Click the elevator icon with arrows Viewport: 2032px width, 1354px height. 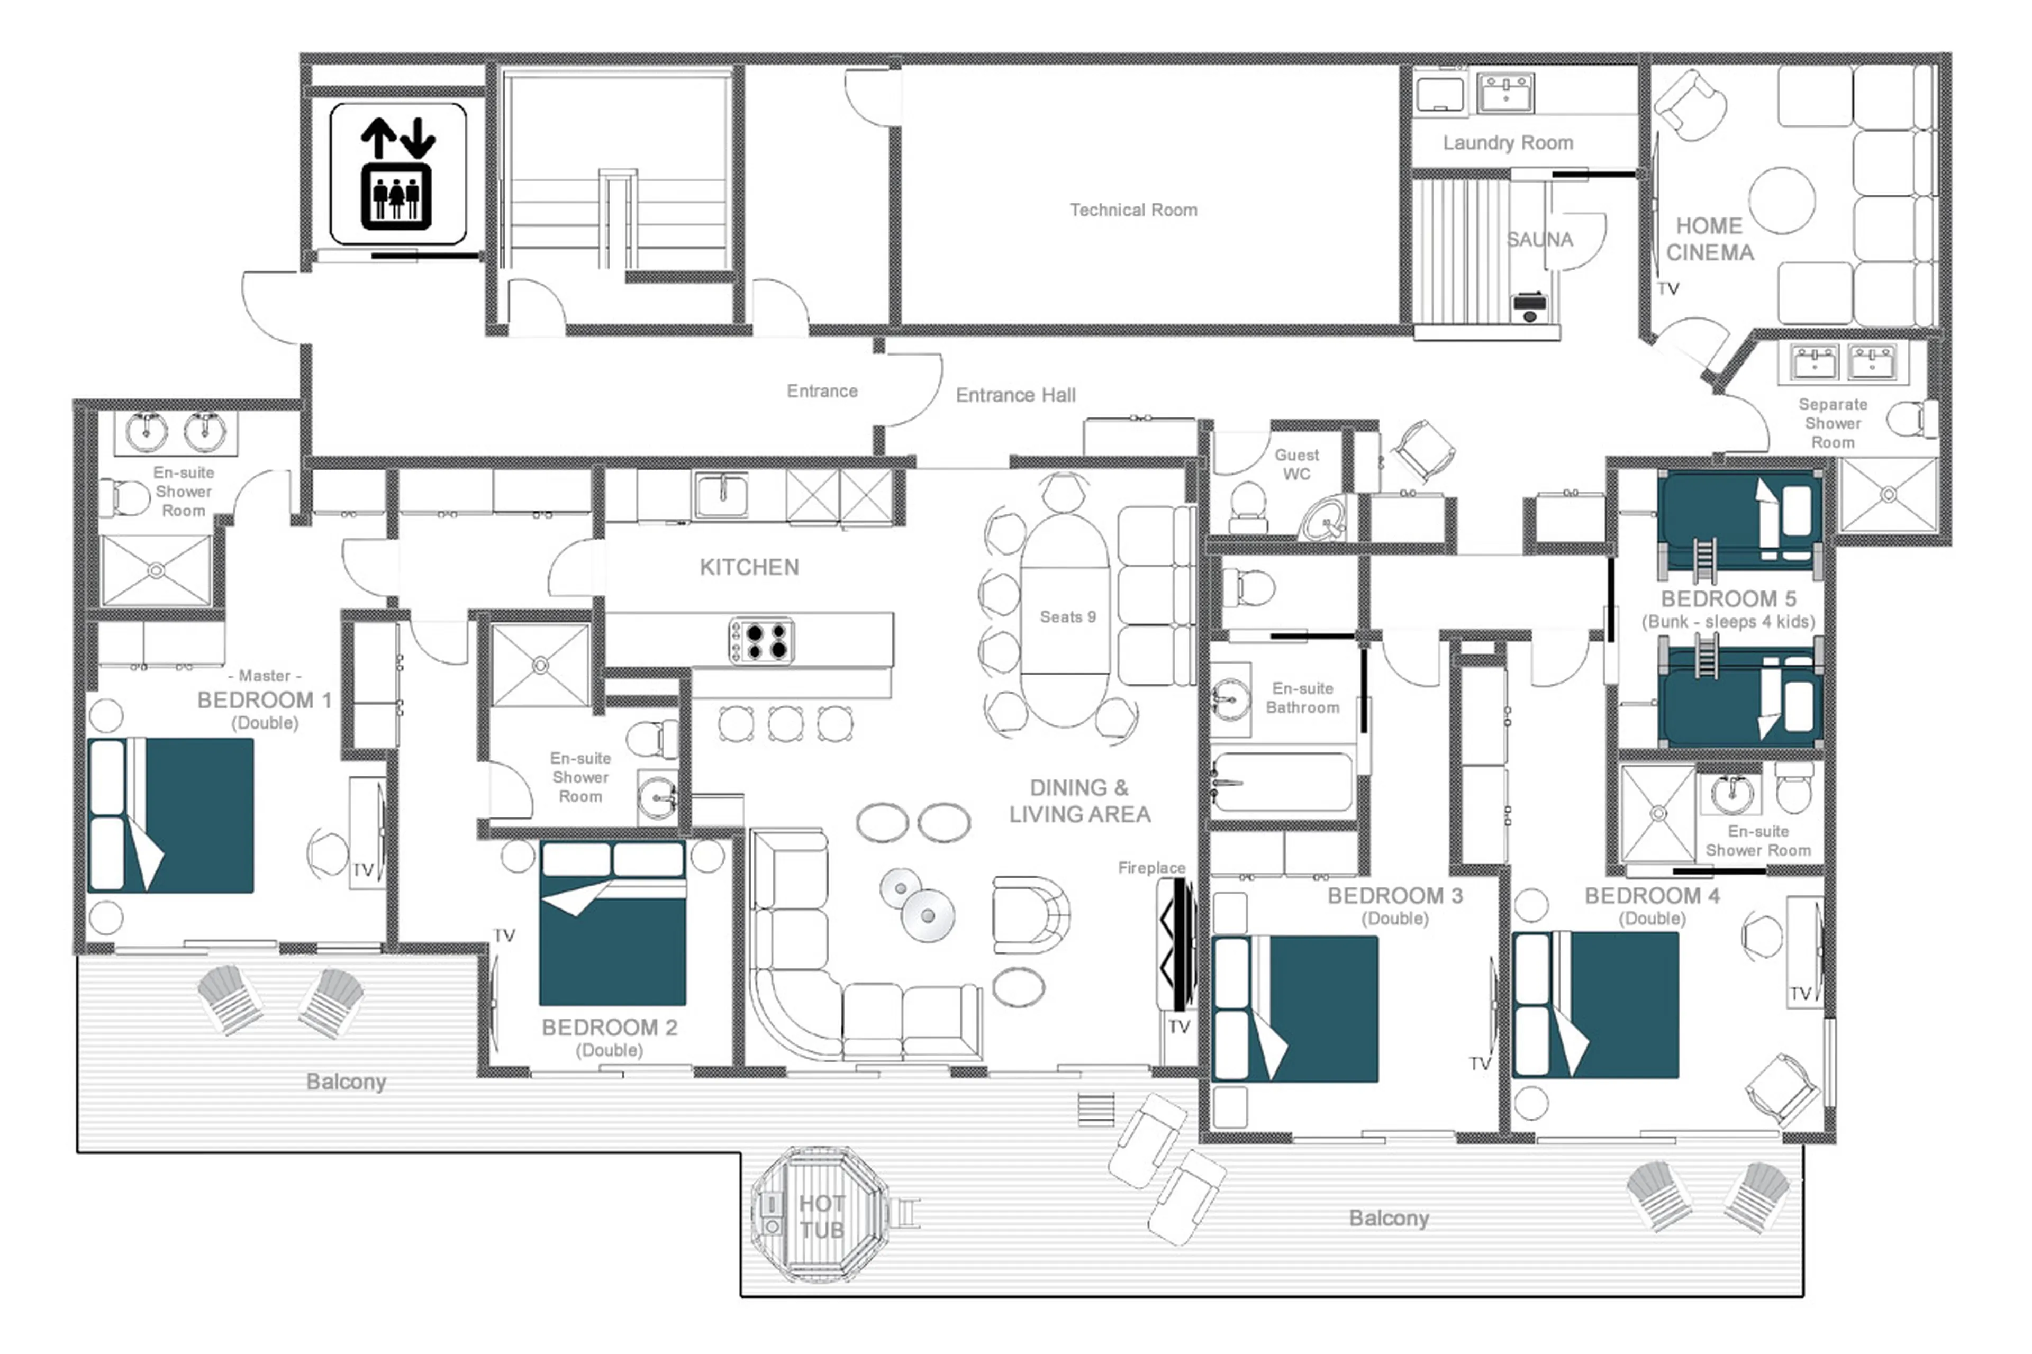click(397, 174)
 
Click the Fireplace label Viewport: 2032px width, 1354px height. click(1150, 867)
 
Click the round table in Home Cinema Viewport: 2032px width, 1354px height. click(1782, 201)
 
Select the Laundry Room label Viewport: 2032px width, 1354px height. click(1507, 142)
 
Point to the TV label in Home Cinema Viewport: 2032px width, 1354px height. click(1667, 288)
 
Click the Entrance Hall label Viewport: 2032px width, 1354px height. click(1015, 395)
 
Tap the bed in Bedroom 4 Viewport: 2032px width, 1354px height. click(1596, 1004)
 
